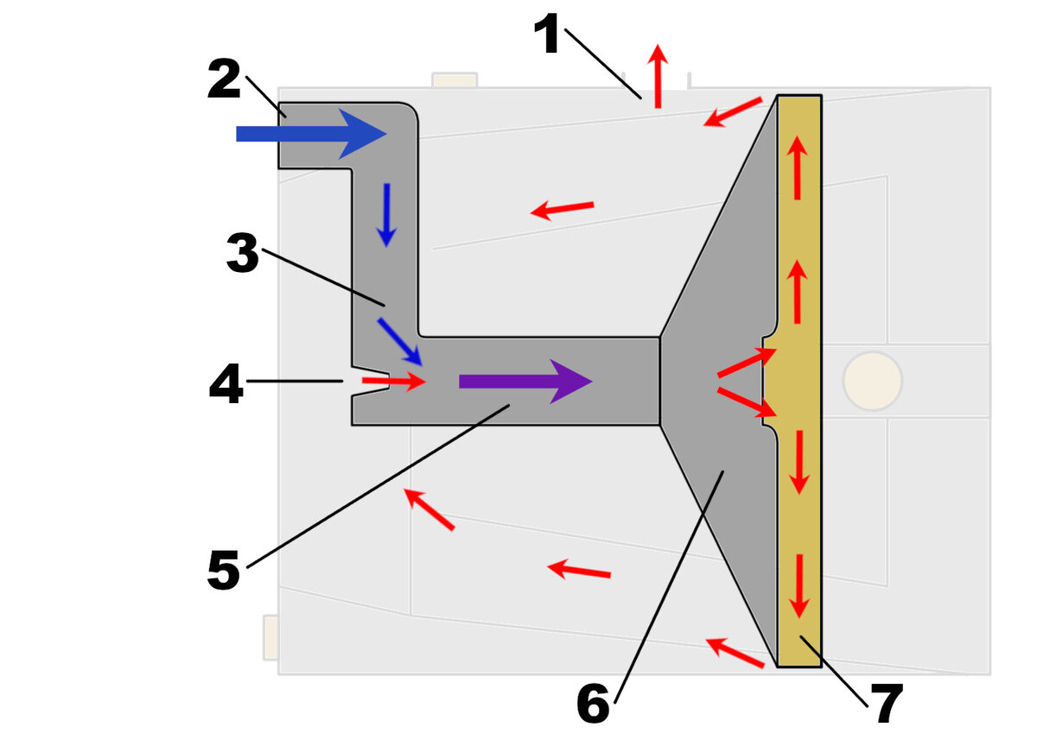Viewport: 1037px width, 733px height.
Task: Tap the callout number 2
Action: (x=224, y=79)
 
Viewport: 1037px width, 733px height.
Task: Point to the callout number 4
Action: (x=226, y=383)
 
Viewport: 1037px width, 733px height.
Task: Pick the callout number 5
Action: (x=224, y=570)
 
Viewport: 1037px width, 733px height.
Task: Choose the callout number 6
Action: (x=593, y=703)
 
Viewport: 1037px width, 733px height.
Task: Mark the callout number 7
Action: (x=886, y=704)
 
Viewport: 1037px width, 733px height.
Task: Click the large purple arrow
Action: (x=526, y=382)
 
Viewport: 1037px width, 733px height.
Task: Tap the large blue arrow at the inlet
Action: (x=312, y=134)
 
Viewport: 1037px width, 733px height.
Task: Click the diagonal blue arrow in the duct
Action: (x=400, y=342)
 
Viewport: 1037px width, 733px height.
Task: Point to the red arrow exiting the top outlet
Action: (x=658, y=76)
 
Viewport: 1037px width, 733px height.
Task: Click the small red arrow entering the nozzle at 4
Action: (x=394, y=381)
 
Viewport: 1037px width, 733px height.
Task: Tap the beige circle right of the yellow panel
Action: (x=873, y=381)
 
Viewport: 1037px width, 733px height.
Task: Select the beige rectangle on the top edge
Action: (x=455, y=79)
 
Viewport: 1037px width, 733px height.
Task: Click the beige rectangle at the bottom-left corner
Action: (x=270, y=637)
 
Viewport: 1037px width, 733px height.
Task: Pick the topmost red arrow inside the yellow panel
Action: (x=797, y=167)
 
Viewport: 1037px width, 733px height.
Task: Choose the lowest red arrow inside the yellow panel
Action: (x=799, y=586)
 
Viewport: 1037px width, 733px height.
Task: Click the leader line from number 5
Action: (x=379, y=486)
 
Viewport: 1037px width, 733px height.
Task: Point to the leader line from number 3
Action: (x=323, y=277)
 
